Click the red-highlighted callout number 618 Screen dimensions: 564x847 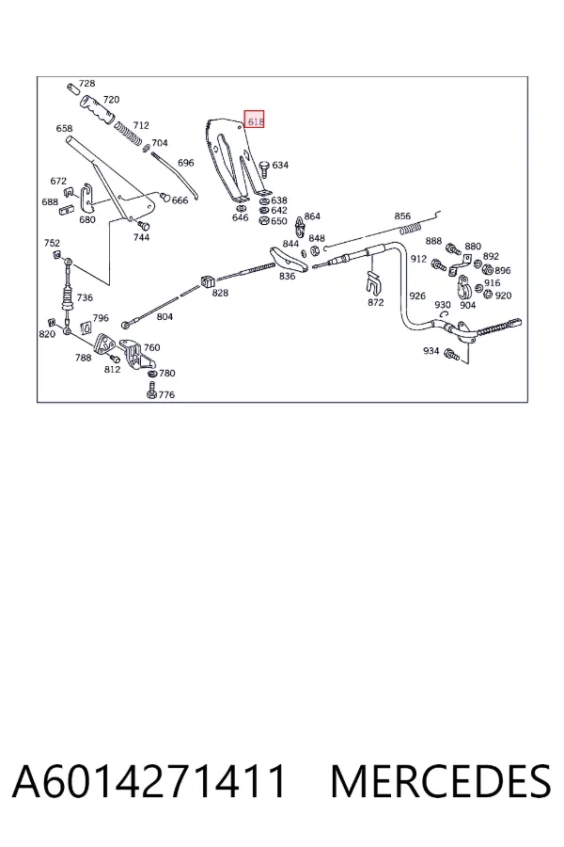255,121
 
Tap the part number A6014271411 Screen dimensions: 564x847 149,781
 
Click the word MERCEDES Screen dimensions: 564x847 441,781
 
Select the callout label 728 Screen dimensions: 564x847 86,83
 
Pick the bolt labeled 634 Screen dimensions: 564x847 264,168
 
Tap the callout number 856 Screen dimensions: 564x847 402,216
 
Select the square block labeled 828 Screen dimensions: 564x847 207,281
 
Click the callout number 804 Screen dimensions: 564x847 164,316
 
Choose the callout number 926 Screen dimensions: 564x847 417,296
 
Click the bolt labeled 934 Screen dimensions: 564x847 451,355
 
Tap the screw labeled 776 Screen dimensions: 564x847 151,390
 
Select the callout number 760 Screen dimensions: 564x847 151,347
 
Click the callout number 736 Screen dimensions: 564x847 85,297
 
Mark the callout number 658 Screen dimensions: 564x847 64,129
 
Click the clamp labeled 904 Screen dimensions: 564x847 464,287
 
